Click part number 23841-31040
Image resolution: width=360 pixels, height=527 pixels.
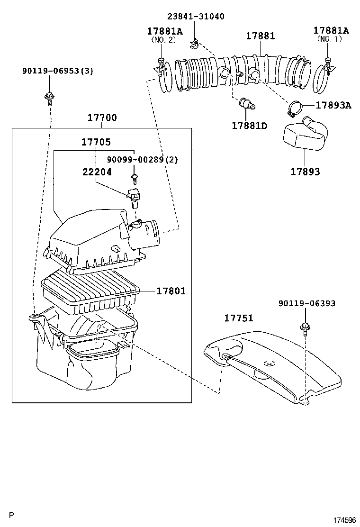pyautogui.click(x=196, y=17)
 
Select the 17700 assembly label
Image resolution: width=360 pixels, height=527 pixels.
pyautogui.click(x=102, y=118)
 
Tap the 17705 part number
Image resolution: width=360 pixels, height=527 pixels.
pyautogui.click(x=96, y=142)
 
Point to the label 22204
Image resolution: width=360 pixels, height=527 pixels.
pyautogui.click(x=97, y=172)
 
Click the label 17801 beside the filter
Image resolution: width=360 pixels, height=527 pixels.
pyautogui.click(x=171, y=291)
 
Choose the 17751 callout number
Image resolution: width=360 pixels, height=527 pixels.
pyautogui.click(x=239, y=318)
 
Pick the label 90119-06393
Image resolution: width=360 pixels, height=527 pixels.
pyautogui.click(x=306, y=303)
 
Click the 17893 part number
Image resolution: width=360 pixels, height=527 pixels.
pyautogui.click(x=305, y=172)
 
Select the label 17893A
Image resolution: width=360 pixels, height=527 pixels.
pyautogui.click(x=333, y=105)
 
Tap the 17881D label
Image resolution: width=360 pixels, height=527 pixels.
pyautogui.click(x=250, y=126)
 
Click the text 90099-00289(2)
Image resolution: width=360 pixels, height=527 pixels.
pyautogui.click(x=143, y=159)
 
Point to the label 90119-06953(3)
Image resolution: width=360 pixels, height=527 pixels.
pyautogui.click(x=58, y=71)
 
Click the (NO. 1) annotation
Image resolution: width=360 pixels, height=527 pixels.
pyautogui.click(x=329, y=39)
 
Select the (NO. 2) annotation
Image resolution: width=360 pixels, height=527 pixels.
pyautogui.click(x=163, y=40)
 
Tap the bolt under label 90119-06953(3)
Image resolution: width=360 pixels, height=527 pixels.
pyautogui.click(x=49, y=99)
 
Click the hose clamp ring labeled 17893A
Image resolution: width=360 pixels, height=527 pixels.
pyautogui.click(x=296, y=109)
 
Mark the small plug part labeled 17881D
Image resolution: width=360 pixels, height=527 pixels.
pyautogui.click(x=247, y=103)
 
